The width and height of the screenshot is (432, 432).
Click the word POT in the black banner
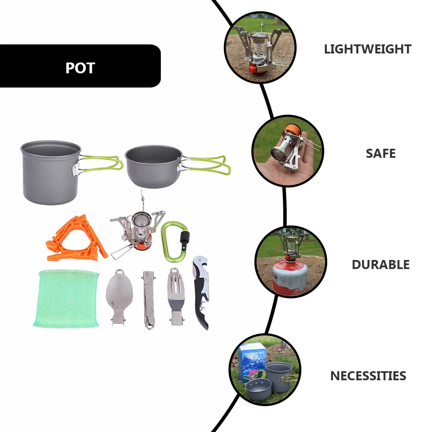[80, 68]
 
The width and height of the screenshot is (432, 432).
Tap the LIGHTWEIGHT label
[367, 49]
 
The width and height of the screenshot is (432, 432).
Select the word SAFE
[380, 153]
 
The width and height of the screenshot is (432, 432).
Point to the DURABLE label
[380, 264]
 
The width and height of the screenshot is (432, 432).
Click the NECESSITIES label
[368, 376]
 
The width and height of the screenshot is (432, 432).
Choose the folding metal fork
[175, 297]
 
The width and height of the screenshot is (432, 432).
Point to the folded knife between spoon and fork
[148, 300]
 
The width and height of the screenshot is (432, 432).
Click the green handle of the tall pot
[102, 163]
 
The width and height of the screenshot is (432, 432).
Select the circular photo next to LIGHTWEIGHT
[260, 47]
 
